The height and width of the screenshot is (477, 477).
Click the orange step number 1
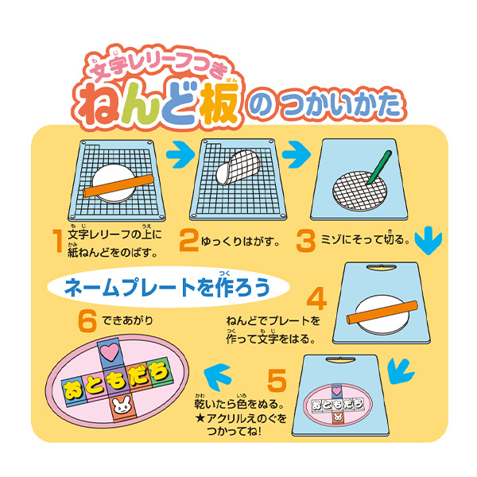click(58, 241)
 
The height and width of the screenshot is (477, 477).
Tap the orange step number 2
click(188, 241)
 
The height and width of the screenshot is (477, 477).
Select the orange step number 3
click(306, 241)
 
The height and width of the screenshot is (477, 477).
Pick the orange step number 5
click(277, 380)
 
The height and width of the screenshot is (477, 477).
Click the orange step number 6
click(87, 320)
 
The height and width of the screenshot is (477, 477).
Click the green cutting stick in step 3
click(379, 167)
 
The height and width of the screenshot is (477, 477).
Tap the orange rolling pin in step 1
click(118, 185)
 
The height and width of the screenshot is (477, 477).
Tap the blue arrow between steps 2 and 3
click(297, 154)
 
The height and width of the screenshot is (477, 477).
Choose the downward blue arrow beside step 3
click(429, 240)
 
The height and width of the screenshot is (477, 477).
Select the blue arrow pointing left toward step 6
click(218, 378)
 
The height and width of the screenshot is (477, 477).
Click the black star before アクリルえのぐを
click(200, 418)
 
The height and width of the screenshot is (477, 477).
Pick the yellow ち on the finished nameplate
click(158, 372)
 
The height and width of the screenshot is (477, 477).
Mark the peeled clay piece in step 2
click(238, 167)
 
